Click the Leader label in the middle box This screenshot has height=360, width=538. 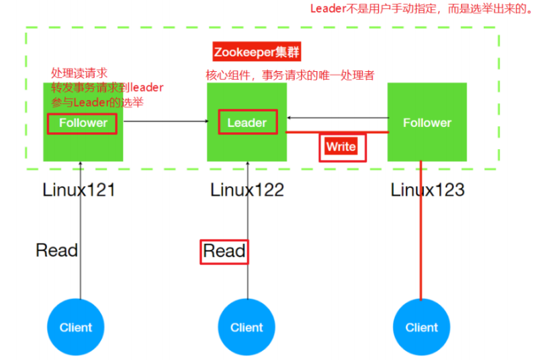pos(246,123)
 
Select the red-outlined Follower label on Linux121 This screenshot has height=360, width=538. pos(83,123)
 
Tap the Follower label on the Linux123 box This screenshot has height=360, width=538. pos(427,123)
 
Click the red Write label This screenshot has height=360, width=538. pos(341,146)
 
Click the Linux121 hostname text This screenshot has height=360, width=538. pos(79,190)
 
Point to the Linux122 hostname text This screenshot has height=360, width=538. pos(247,190)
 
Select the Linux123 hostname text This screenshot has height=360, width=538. pos(427,190)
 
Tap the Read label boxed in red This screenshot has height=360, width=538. pos(224,251)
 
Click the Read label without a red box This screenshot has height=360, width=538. pos(56,251)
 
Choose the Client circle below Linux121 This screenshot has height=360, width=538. pos(75,328)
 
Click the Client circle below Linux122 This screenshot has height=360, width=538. pos(246,328)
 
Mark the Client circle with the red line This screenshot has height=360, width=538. pos(421,328)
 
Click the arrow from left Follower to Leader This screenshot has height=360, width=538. pos(165,122)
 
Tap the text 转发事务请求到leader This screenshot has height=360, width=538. pos(107,87)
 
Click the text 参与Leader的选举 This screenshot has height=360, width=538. pos(97,102)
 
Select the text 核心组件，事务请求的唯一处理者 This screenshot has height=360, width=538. pos(289,75)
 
